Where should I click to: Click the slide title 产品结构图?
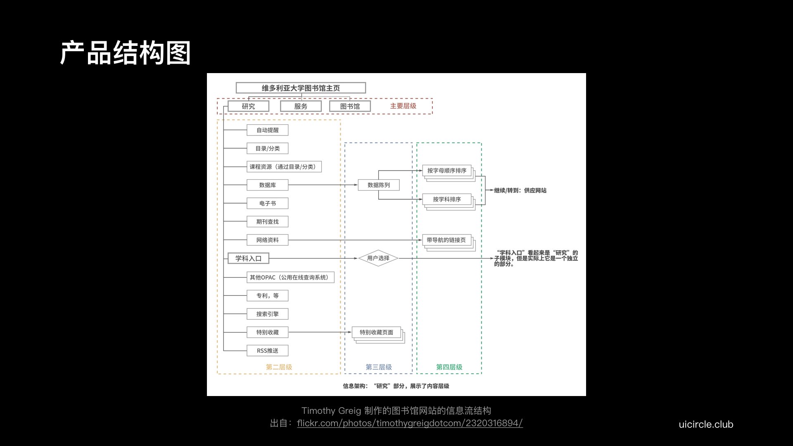[x=125, y=53]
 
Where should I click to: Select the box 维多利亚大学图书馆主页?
[x=301, y=88]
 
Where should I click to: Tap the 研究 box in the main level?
[x=248, y=106]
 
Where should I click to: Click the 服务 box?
[x=301, y=106]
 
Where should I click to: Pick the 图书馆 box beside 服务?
[x=350, y=106]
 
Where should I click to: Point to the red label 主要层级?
[x=403, y=106]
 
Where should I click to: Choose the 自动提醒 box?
[x=268, y=130]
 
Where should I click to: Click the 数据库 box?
[x=268, y=185]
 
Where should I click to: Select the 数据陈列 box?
[x=379, y=185]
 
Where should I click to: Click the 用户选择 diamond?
[x=378, y=258]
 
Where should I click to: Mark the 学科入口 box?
[x=248, y=259]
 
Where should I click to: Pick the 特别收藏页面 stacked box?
[x=378, y=335]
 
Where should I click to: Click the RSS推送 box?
[x=268, y=351]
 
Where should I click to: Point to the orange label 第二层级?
[x=279, y=367]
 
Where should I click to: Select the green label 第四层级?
[x=449, y=367]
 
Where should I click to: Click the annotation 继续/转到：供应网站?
[x=520, y=190]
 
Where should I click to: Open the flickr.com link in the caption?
[x=410, y=423]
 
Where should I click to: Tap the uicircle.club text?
[x=706, y=425]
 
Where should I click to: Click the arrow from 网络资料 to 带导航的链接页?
[x=355, y=240]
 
